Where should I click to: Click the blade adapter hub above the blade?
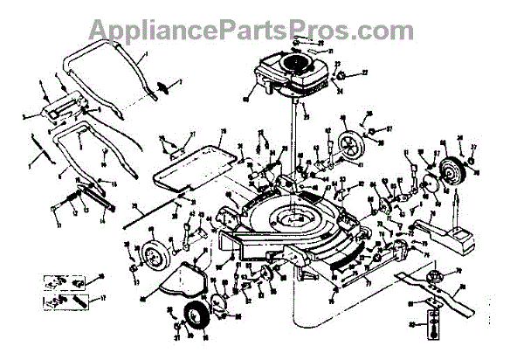[431, 277]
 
